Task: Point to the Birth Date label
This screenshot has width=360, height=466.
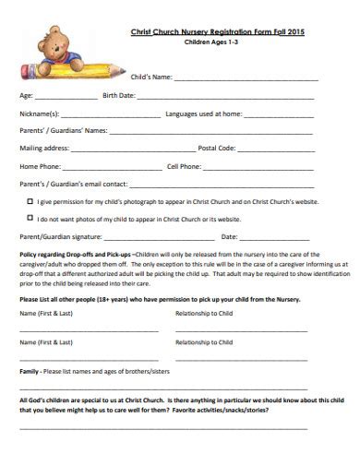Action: pos(119,95)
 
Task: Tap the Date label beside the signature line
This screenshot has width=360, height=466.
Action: pos(229,236)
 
